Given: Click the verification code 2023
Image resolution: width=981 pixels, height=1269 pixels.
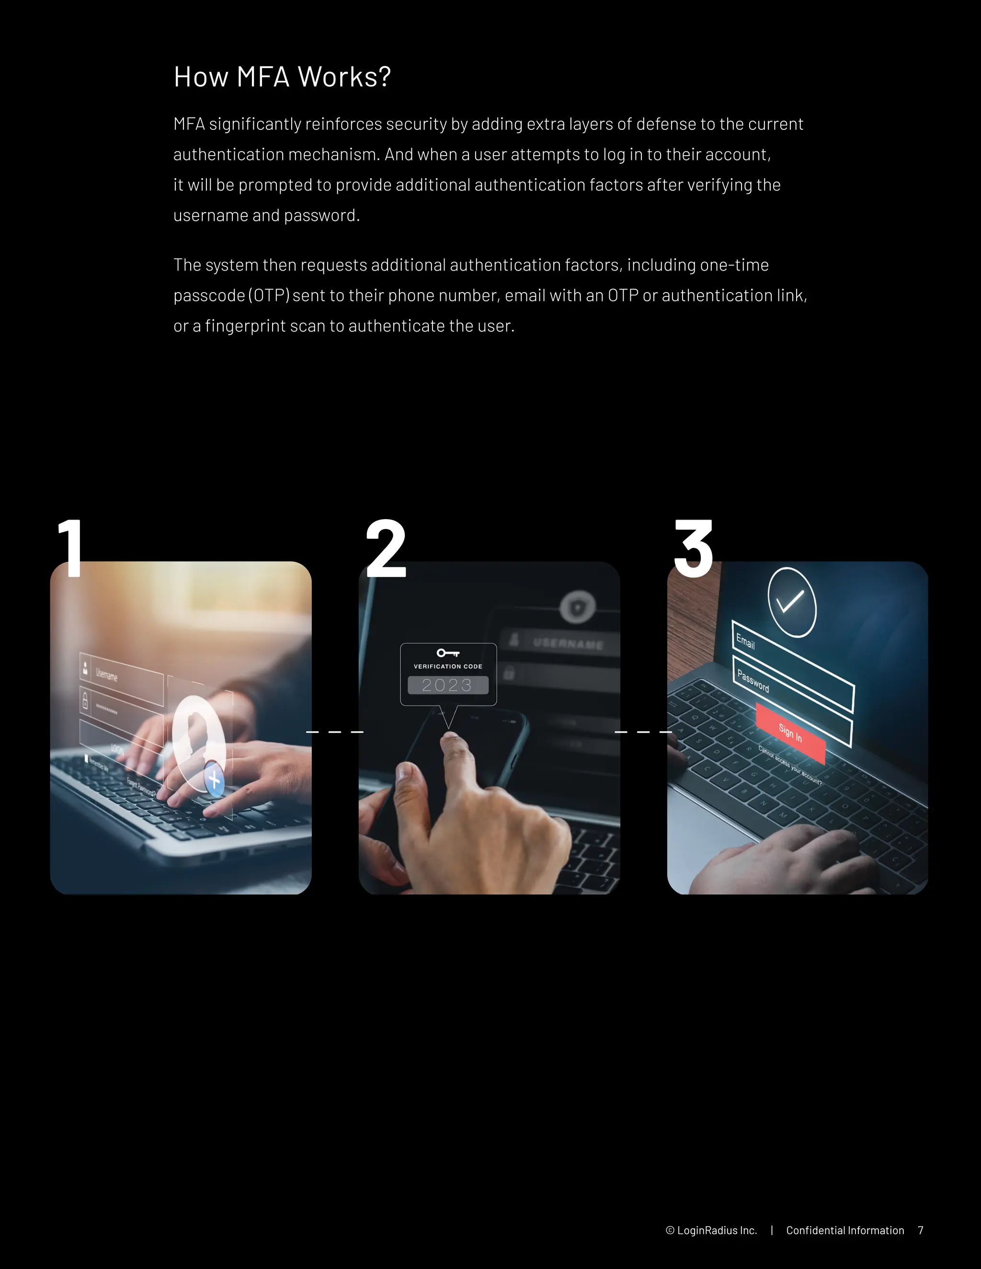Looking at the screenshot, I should (447, 685).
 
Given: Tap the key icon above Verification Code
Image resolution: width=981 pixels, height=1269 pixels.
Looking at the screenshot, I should (448, 653).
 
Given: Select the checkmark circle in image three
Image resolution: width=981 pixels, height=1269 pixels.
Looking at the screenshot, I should (791, 602).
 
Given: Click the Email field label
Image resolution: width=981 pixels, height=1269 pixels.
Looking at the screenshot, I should (746, 642).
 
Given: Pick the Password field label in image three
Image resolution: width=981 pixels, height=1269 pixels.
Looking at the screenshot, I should (753, 681).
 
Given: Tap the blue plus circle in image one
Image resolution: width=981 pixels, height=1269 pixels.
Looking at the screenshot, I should (215, 779).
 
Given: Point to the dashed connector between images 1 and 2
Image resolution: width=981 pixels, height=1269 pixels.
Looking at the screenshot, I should (335, 732).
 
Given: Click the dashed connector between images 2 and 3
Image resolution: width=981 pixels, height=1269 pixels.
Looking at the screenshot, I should (643, 732).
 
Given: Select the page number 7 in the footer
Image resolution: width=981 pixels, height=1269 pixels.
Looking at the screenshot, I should (921, 1230).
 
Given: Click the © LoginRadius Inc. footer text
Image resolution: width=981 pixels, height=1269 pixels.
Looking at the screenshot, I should (711, 1230).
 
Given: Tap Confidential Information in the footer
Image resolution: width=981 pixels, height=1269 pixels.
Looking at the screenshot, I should (845, 1230).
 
